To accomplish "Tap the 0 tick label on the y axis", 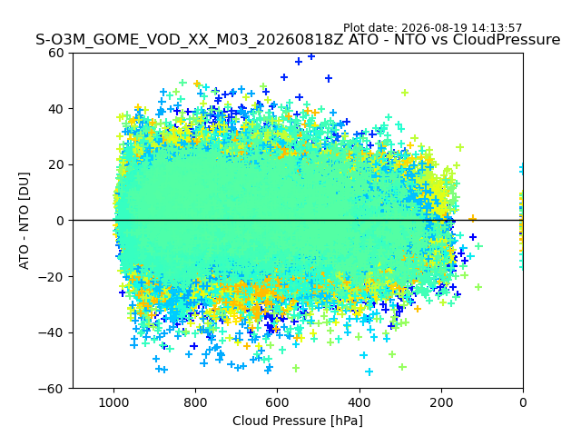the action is [x=61, y=221].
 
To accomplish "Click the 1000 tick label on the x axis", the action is [x=113, y=402].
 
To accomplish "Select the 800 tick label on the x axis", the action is [x=196, y=402].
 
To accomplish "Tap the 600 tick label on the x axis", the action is [x=278, y=402].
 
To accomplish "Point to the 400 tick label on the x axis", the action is [x=359, y=402].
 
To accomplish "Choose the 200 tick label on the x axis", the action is [x=441, y=402].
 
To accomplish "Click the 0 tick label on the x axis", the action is [x=523, y=402].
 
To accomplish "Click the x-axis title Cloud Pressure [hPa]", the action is [x=298, y=421].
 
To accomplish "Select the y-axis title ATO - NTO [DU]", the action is [x=24, y=221].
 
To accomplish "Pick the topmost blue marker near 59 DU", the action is [x=311, y=56].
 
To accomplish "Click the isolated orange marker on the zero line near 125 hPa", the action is [x=472, y=219].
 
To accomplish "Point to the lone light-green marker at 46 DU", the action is [x=405, y=93].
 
